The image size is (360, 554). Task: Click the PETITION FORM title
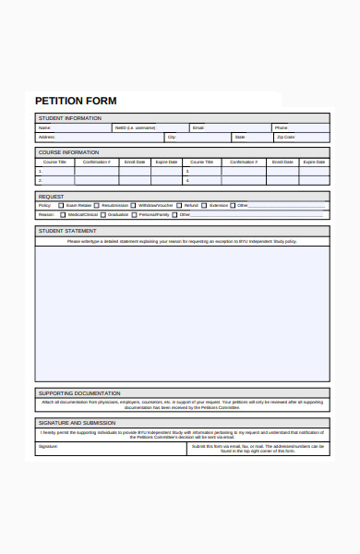tap(76, 100)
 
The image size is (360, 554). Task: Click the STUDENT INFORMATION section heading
tap(69, 118)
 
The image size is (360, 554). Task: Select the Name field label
tap(43, 127)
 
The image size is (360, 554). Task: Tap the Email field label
tap(198, 127)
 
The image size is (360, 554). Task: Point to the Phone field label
tap(281, 127)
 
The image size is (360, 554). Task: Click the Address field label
tap(45, 137)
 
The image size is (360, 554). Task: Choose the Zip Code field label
tap(285, 137)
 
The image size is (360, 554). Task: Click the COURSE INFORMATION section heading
tap(68, 152)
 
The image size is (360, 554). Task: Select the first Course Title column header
tap(54, 162)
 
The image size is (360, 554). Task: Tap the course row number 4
tap(187, 180)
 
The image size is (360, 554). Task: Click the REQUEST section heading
tap(51, 197)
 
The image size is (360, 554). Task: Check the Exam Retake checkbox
tap(62, 205)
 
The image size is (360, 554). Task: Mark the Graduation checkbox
tap(103, 214)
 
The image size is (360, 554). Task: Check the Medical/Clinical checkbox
tap(62, 214)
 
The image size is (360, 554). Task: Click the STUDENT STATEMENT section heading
tap(66, 231)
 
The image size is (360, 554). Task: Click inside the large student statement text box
tap(182, 314)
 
